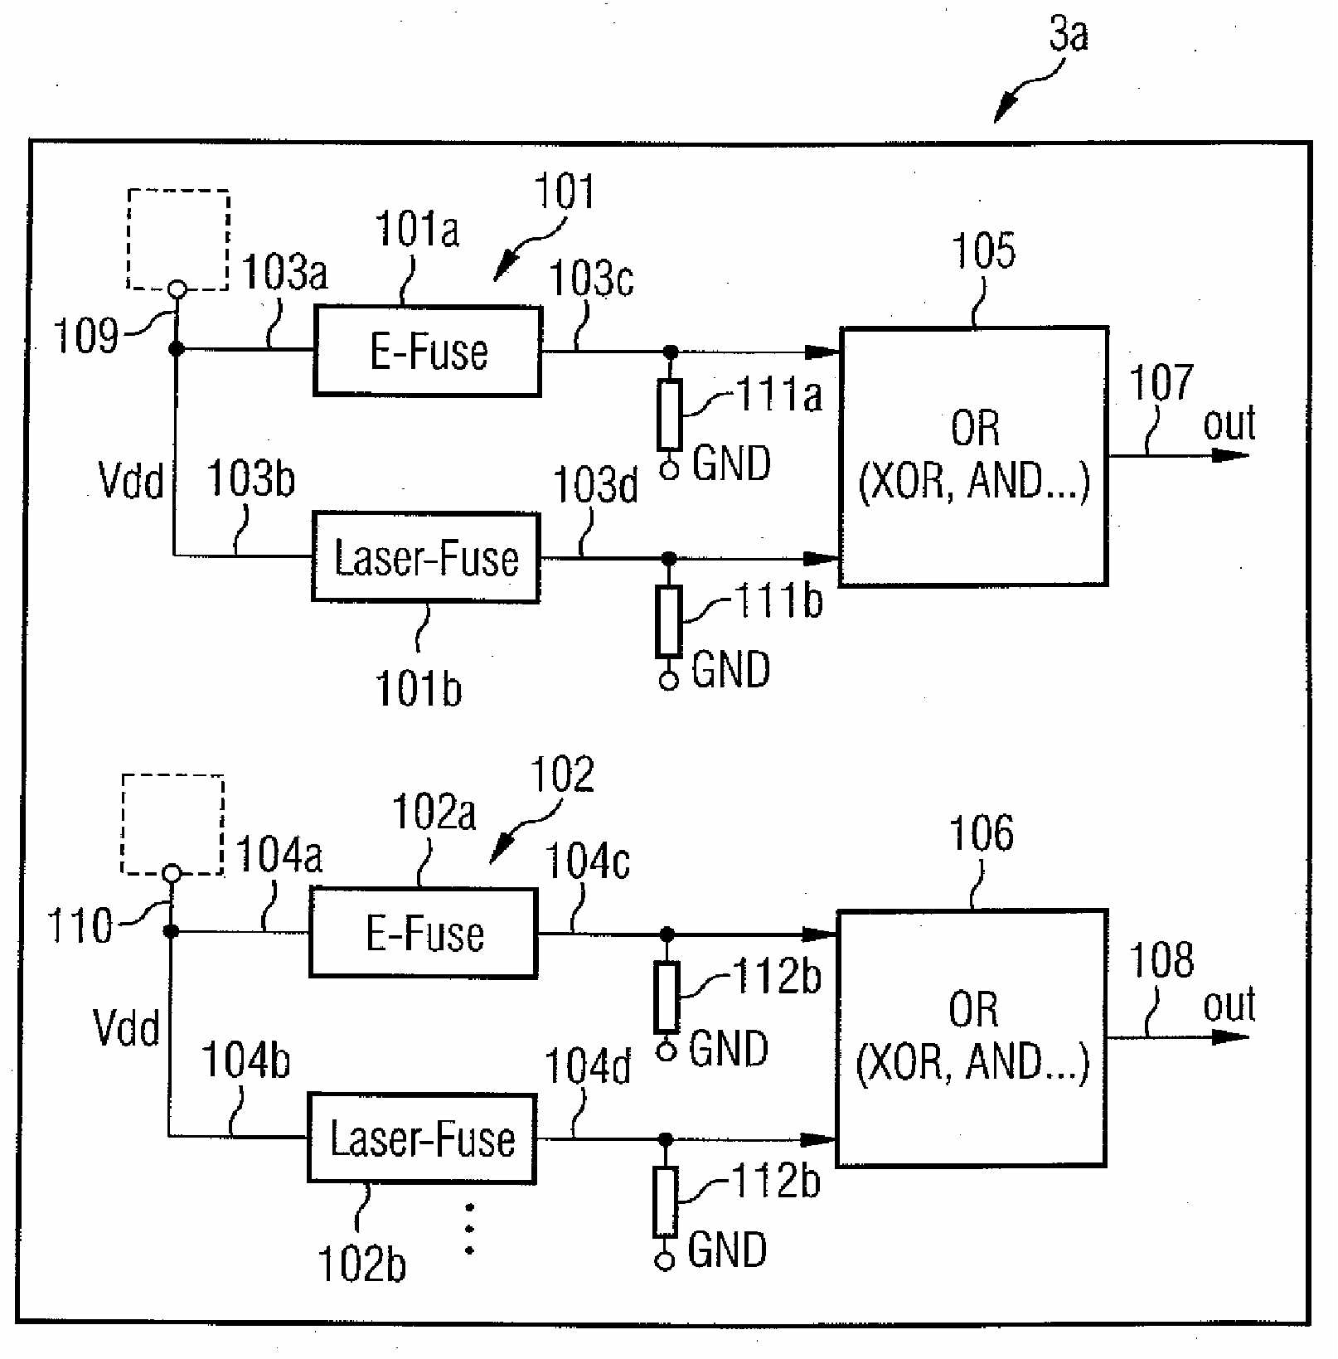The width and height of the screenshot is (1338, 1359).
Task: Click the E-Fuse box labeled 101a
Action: pyautogui.click(x=428, y=352)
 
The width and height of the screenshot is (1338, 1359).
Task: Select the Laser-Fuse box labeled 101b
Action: pyautogui.click(x=426, y=557)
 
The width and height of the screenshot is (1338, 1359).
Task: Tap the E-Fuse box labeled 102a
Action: pyautogui.click(x=424, y=934)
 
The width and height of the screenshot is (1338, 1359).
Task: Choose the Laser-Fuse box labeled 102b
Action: pyautogui.click(x=422, y=1138)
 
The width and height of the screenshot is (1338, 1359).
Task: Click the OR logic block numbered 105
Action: pyautogui.click(x=974, y=456)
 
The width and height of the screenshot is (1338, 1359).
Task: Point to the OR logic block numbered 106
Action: pyautogui.click(x=972, y=1038)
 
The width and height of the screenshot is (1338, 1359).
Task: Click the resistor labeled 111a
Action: pyautogui.click(x=670, y=415)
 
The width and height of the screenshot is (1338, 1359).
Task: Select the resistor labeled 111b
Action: pyautogui.click(x=668, y=621)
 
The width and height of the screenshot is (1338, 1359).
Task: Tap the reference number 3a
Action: pyautogui.click(x=1069, y=35)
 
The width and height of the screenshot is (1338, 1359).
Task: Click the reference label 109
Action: pyautogui.click(x=85, y=336)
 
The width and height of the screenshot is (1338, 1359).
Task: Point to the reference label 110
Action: pyautogui.click(x=80, y=925)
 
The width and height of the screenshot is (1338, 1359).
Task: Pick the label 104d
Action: pyautogui.click(x=588, y=1066)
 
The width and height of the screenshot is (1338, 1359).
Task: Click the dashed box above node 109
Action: pyautogui.click(x=178, y=240)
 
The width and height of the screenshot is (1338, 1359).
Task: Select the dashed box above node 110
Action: pyautogui.click(x=172, y=824)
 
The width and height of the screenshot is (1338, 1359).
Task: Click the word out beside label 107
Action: pyautogui.click(x=1229, y=424)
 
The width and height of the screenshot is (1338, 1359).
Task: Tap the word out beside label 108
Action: pyautogui.click(x=1229, y=1005)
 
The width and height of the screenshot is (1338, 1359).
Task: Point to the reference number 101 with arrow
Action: pyautogui.click(x=565, y=192)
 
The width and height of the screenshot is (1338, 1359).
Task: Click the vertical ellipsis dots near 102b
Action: pyautogui.click(x=470, y=1229)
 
